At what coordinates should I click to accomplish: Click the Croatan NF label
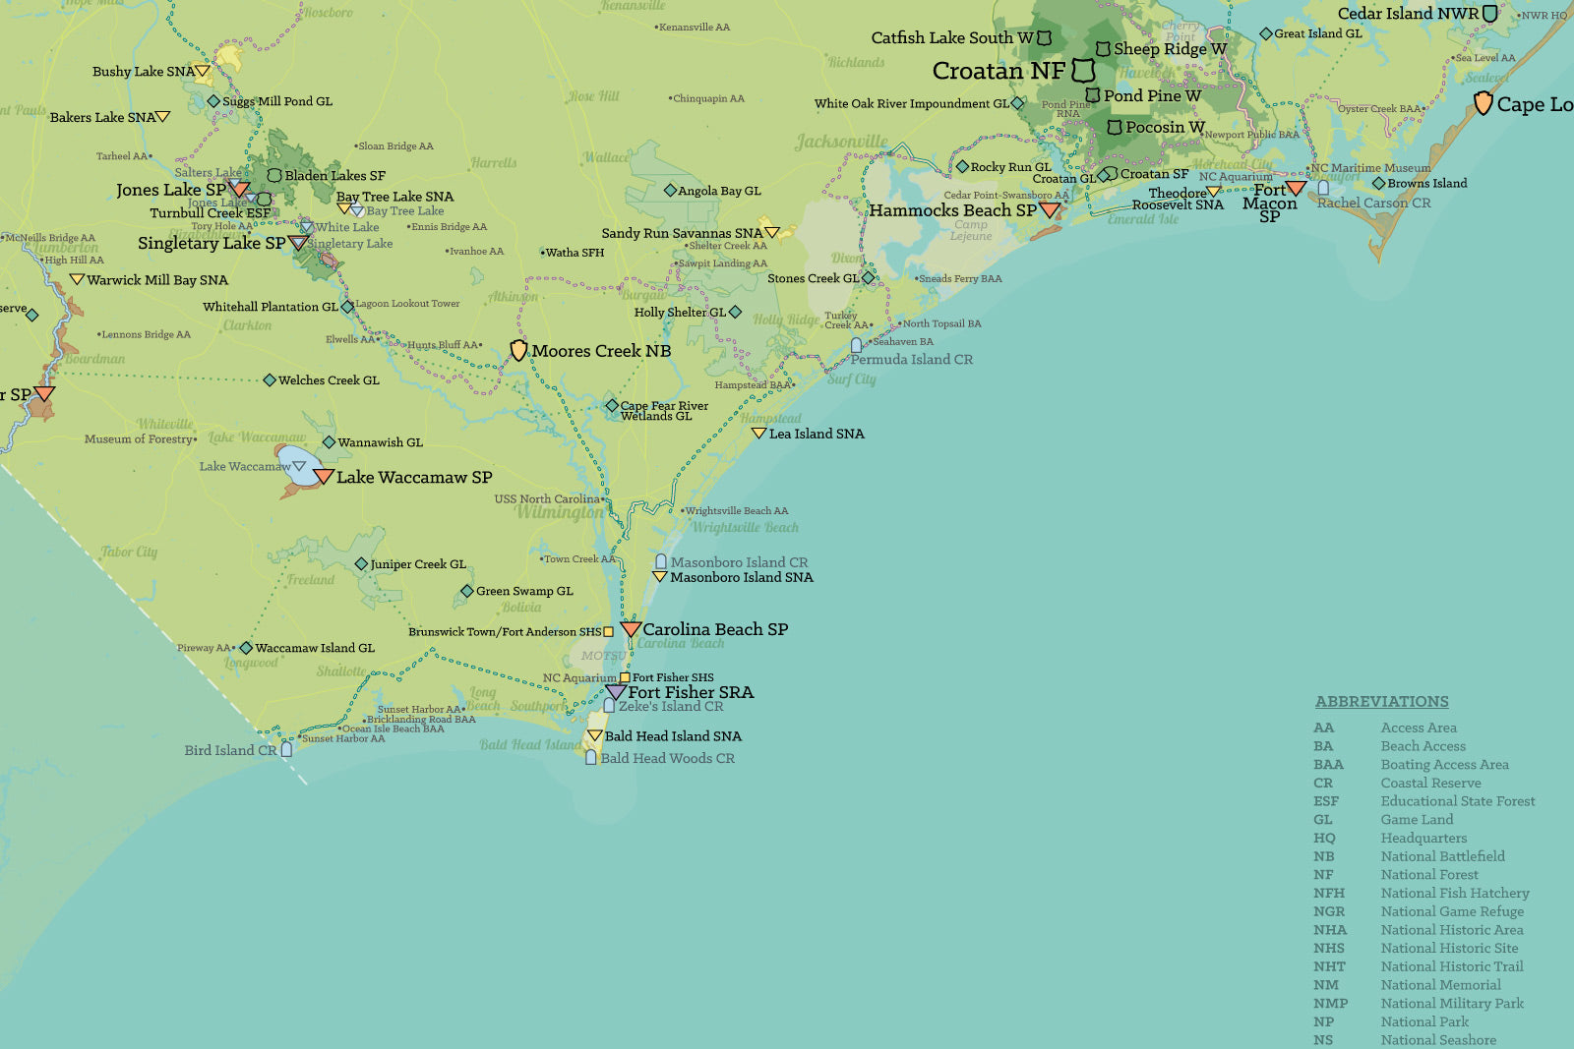(999, 71)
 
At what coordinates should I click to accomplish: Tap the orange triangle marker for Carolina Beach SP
(630, 628)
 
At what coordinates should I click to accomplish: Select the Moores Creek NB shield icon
(518, 350)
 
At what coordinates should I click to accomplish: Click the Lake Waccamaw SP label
(414, 477)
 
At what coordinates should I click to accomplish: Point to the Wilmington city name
(560, 512)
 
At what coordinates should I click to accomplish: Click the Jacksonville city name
(841, 142)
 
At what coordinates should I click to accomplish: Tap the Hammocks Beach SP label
(952, 210)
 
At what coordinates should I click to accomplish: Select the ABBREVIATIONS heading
(1381, 701)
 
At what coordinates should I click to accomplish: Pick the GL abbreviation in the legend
(1323, 819)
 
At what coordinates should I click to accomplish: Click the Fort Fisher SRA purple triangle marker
(616, 691)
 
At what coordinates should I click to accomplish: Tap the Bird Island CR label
(230, 750)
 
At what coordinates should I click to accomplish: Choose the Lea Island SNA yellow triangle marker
(758, 433)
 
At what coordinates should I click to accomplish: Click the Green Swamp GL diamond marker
(467, 591)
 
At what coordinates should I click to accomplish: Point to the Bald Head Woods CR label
(667, 758)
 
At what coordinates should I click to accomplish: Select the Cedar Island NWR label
(1408, 13)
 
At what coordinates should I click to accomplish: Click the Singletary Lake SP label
(211, 243)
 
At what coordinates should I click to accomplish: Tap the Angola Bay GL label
(719, 191)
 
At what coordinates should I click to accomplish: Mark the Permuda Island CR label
(911, 360)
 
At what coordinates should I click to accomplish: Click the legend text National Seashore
(1437, 1040)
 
